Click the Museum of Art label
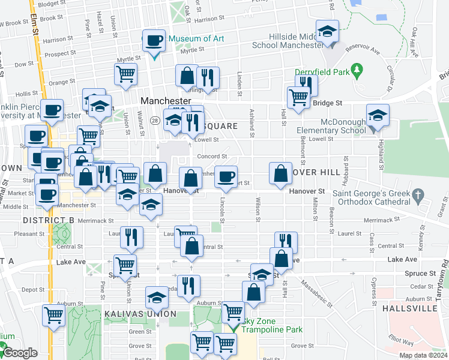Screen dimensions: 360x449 pos(196,39)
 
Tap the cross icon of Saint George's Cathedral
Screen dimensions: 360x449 pos(418,195)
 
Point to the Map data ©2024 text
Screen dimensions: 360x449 pos(424,355)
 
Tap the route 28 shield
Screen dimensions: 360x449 pos(154,121)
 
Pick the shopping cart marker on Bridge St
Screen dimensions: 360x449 pos(298,97)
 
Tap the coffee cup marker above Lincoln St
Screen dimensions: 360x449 pos(226,176)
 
